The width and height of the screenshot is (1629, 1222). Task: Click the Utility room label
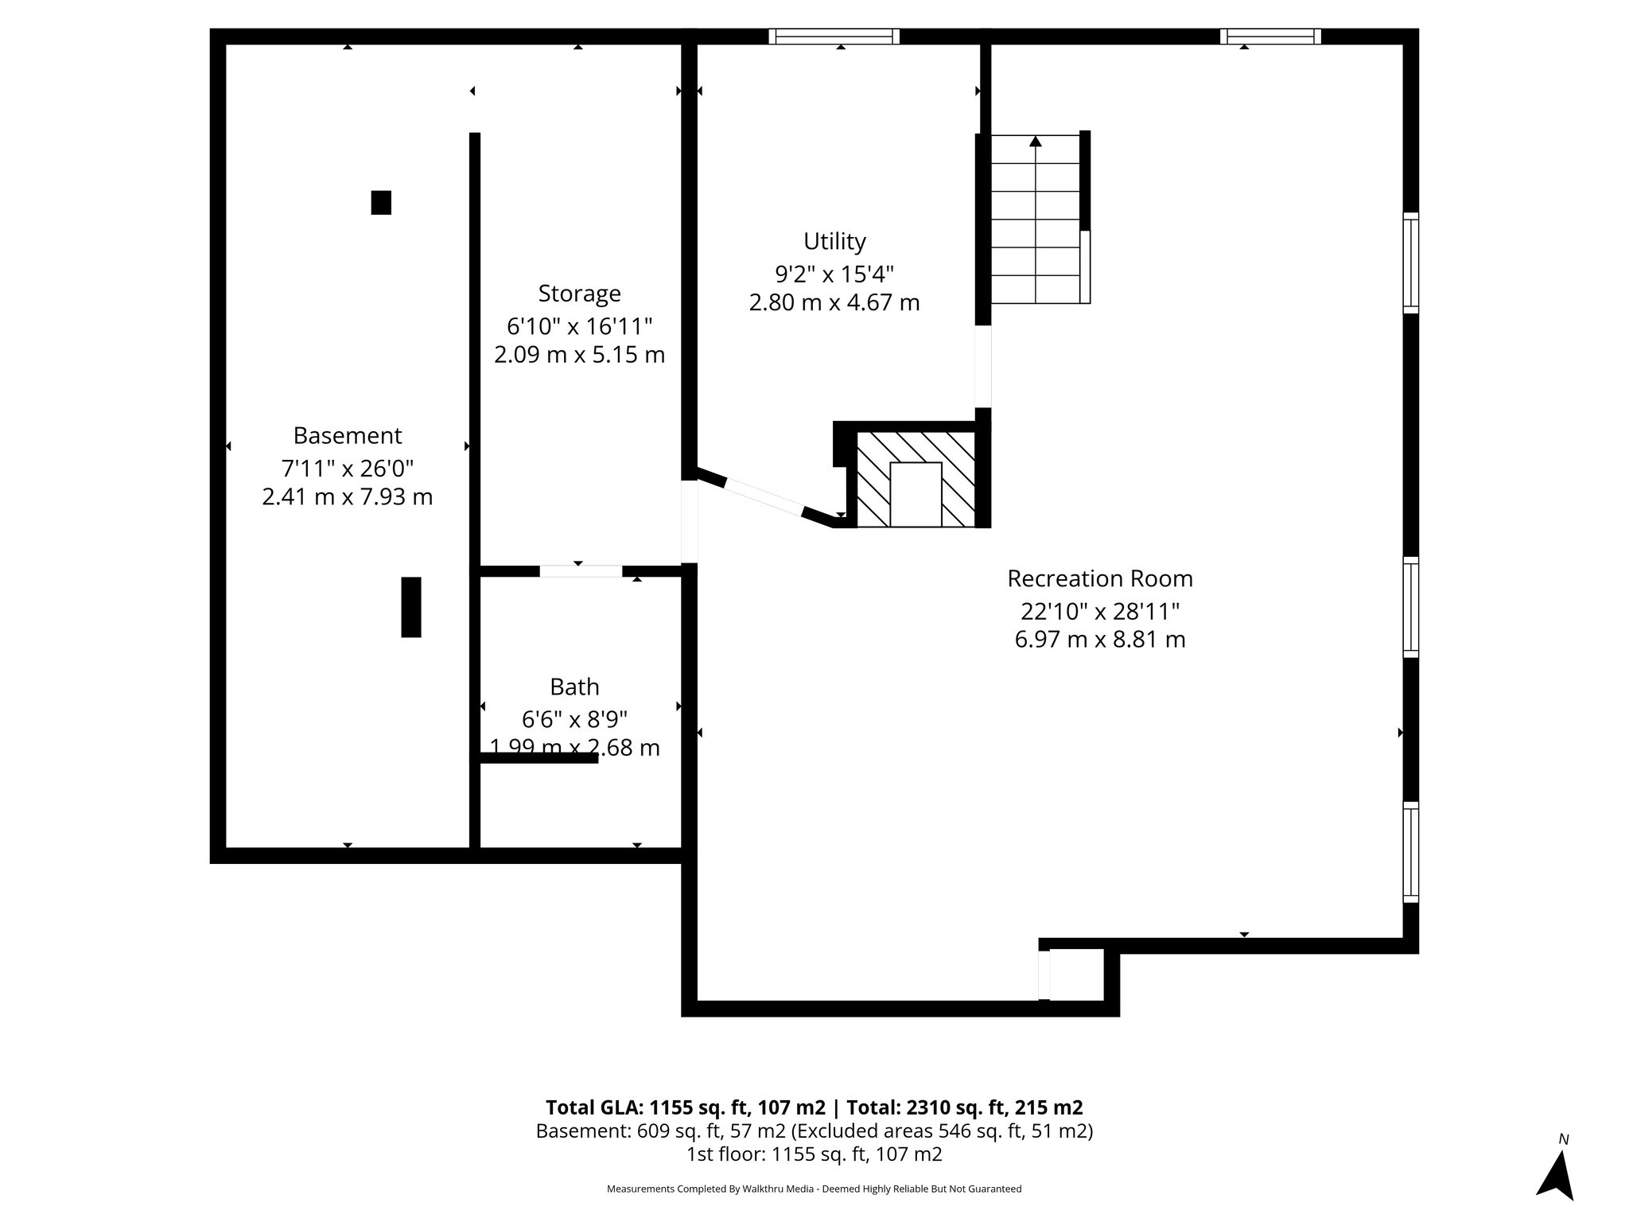834,241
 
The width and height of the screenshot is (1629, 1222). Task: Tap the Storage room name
579,294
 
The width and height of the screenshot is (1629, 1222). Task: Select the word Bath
574,687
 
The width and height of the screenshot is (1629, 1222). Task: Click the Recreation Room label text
1100,578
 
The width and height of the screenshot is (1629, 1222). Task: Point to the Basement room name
348,436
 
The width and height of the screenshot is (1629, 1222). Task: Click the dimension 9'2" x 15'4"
834,274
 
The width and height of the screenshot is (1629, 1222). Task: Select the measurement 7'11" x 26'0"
348,468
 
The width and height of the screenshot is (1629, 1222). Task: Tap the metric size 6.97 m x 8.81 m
1100,640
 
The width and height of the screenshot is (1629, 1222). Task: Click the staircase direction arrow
1035,142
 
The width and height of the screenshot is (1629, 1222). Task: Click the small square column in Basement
381,203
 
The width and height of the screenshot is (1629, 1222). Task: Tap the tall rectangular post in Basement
410,607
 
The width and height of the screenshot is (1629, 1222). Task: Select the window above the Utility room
834,36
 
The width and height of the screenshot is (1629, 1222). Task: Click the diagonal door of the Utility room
764,496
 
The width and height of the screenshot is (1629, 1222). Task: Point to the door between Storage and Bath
581,571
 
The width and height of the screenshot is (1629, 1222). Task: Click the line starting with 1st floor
814,1154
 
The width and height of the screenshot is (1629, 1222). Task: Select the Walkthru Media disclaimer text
814,1189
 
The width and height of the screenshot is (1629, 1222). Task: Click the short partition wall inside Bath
539,758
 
